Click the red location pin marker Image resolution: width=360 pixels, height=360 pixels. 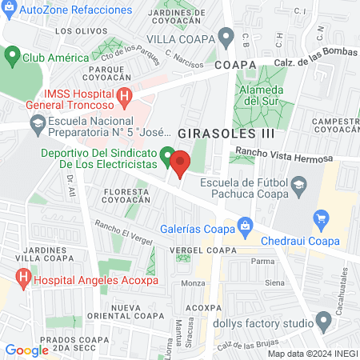[x=180, y=163]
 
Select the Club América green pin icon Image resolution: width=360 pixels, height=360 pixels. [x=12, y=57]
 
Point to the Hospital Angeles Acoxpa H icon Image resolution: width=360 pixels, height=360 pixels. [x=23, y=280]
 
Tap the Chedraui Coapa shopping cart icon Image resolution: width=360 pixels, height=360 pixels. [x=322, y=218]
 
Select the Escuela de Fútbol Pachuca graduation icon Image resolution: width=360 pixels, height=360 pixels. [x=298, y=187]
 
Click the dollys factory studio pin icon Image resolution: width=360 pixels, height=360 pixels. [x=323, y=322]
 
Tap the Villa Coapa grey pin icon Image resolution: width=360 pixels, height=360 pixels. [x=226, y=38]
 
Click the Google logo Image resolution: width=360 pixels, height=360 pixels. [x=26, y=350]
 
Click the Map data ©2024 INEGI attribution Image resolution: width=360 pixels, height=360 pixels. [x=312, y=353]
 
